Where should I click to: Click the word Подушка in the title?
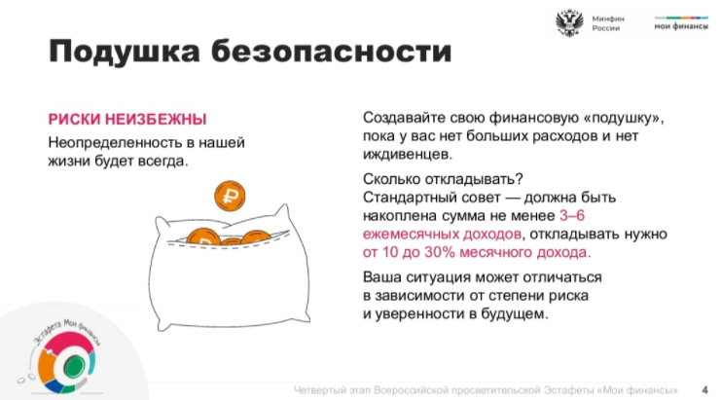tap(125, 52)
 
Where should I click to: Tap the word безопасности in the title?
tap(332, 51)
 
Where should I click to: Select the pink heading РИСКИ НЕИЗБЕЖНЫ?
tap(127, 119)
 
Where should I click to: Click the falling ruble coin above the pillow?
tap(230, 196)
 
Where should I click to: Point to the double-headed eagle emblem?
tap(569, 23)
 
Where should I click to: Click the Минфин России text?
tap(608, 23)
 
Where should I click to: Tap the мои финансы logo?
tap(681, 23)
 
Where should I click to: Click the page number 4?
tap(704, 390)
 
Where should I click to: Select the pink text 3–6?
tap(572, 215)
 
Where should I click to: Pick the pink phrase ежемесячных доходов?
tap(443, 234)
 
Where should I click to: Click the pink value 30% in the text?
tap(440, 252)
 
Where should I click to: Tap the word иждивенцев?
tap(408, 155)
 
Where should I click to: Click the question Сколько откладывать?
tap(443, 179)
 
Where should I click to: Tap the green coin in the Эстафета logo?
tap(74, 367)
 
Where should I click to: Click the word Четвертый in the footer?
tap(319, 390)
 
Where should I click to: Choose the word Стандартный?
tap(410, 198)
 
